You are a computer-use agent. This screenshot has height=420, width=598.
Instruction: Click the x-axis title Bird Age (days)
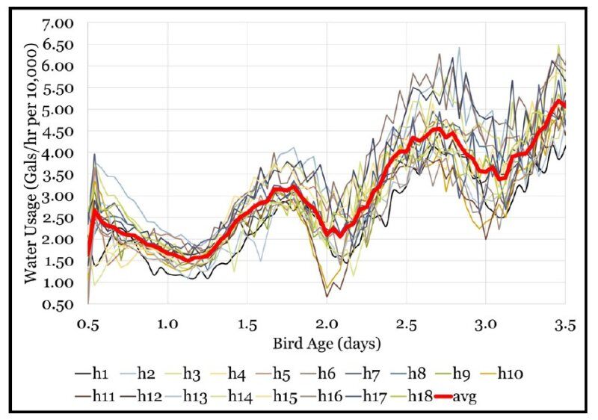(x=327, y=345)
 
